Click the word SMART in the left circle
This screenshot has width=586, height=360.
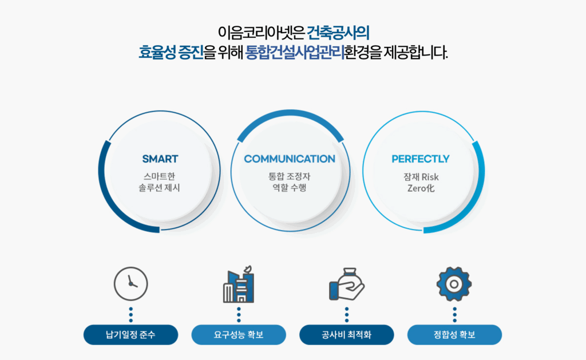pyautogui.click(x=160, y=159)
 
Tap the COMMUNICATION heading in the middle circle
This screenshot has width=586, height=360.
pyautogui.click(x=290, y=159)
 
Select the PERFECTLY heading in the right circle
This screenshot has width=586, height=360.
pyautogui.click(x=421, y=159)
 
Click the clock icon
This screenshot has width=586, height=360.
pyautogui.click(x=131, y=284)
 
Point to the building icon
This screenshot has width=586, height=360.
pyautogui.click(x=239, y=284)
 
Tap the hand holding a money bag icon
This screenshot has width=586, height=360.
pyautogui.click(x=347, y=284)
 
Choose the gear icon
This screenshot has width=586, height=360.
pyautogui.click(x=454, y=284)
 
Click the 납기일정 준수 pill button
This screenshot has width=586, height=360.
pyautogui.click(x=131, y=335)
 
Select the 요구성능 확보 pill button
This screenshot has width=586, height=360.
pyautogui.click(x=239, y=335)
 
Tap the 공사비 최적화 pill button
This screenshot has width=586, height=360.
pyautogui.click(x=347, y=335)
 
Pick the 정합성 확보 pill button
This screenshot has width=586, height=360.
pyautogui.click(x=454, y=335)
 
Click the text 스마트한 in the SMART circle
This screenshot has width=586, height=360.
pyautogui.click(x=159, y=176)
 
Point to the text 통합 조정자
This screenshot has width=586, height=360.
pyautogui.click(x=289, y=176)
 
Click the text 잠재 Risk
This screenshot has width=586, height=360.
pyautogui.click(x=421, y=177)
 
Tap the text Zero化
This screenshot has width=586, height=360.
pyautogui.click(x=421, y=188)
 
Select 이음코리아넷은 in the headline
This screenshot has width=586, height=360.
pyautogui.click(x=261, y=33)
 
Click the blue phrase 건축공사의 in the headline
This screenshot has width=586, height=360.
pyautogui.click(x=338, y=33)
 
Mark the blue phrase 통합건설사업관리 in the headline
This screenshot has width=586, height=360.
pyautogui.click(x=295, y=52)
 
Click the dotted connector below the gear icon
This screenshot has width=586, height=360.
pyautogui.click(x=454, y=315)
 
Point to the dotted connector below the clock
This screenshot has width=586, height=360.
pyautogui.click(x=131, y=315)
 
